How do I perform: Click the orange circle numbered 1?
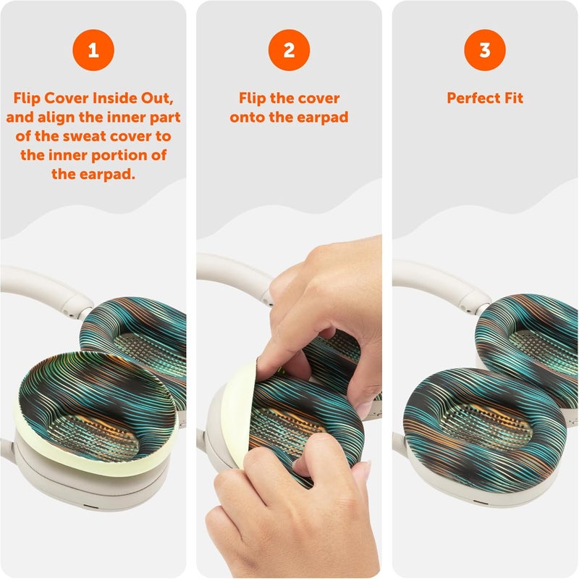click(x=93, y=50)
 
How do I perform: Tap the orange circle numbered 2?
click(x=289, y=50)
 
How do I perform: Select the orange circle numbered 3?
click(x=485, y=50)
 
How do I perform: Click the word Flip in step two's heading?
click(x=252, y=99)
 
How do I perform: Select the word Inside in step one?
click(x=114, y=99)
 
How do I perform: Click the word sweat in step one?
click(x=85, y=136)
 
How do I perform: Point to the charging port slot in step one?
click(x=90, y=506)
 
